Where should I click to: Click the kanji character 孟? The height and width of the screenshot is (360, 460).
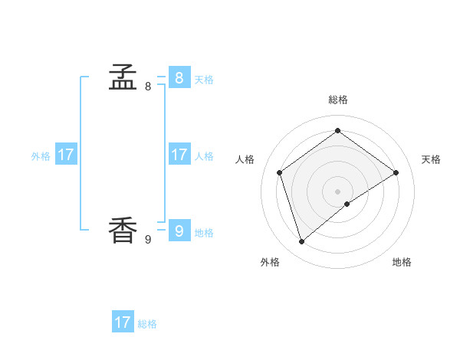click(123, 77)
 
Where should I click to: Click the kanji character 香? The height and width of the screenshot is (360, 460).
click(123, 230)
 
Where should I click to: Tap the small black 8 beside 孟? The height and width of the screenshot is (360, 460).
click(148, 87)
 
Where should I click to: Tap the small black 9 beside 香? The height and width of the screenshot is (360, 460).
click(148, 240)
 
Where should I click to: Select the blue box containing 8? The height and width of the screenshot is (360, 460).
click(179, 77)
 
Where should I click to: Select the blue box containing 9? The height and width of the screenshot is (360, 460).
click(179, 230)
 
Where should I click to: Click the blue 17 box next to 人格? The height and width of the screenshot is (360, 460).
click(179, 155)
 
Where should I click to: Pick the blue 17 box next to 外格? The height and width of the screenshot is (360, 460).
click(66, 155)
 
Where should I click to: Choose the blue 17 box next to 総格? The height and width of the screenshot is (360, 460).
click(123, 322)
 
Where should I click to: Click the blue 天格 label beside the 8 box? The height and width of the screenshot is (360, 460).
click(204, 79)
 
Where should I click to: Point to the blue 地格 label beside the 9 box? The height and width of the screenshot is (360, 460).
click(204, 232)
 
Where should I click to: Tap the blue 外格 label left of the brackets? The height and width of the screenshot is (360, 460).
click(41, 155)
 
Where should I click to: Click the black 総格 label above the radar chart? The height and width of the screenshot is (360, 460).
click(338, 100)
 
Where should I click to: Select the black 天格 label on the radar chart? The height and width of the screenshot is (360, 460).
click(431, 159)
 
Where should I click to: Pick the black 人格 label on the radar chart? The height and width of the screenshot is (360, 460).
click(245, 159)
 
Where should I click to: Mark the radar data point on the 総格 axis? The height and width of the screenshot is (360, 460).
click(337, 130)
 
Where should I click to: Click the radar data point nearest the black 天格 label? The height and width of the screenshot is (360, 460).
click(396, 172)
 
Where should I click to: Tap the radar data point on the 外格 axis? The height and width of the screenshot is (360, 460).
click(302, 242)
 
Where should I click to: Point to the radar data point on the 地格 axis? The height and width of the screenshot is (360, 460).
click(347, 204)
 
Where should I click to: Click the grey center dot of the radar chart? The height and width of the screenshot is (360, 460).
click(337, 191)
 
